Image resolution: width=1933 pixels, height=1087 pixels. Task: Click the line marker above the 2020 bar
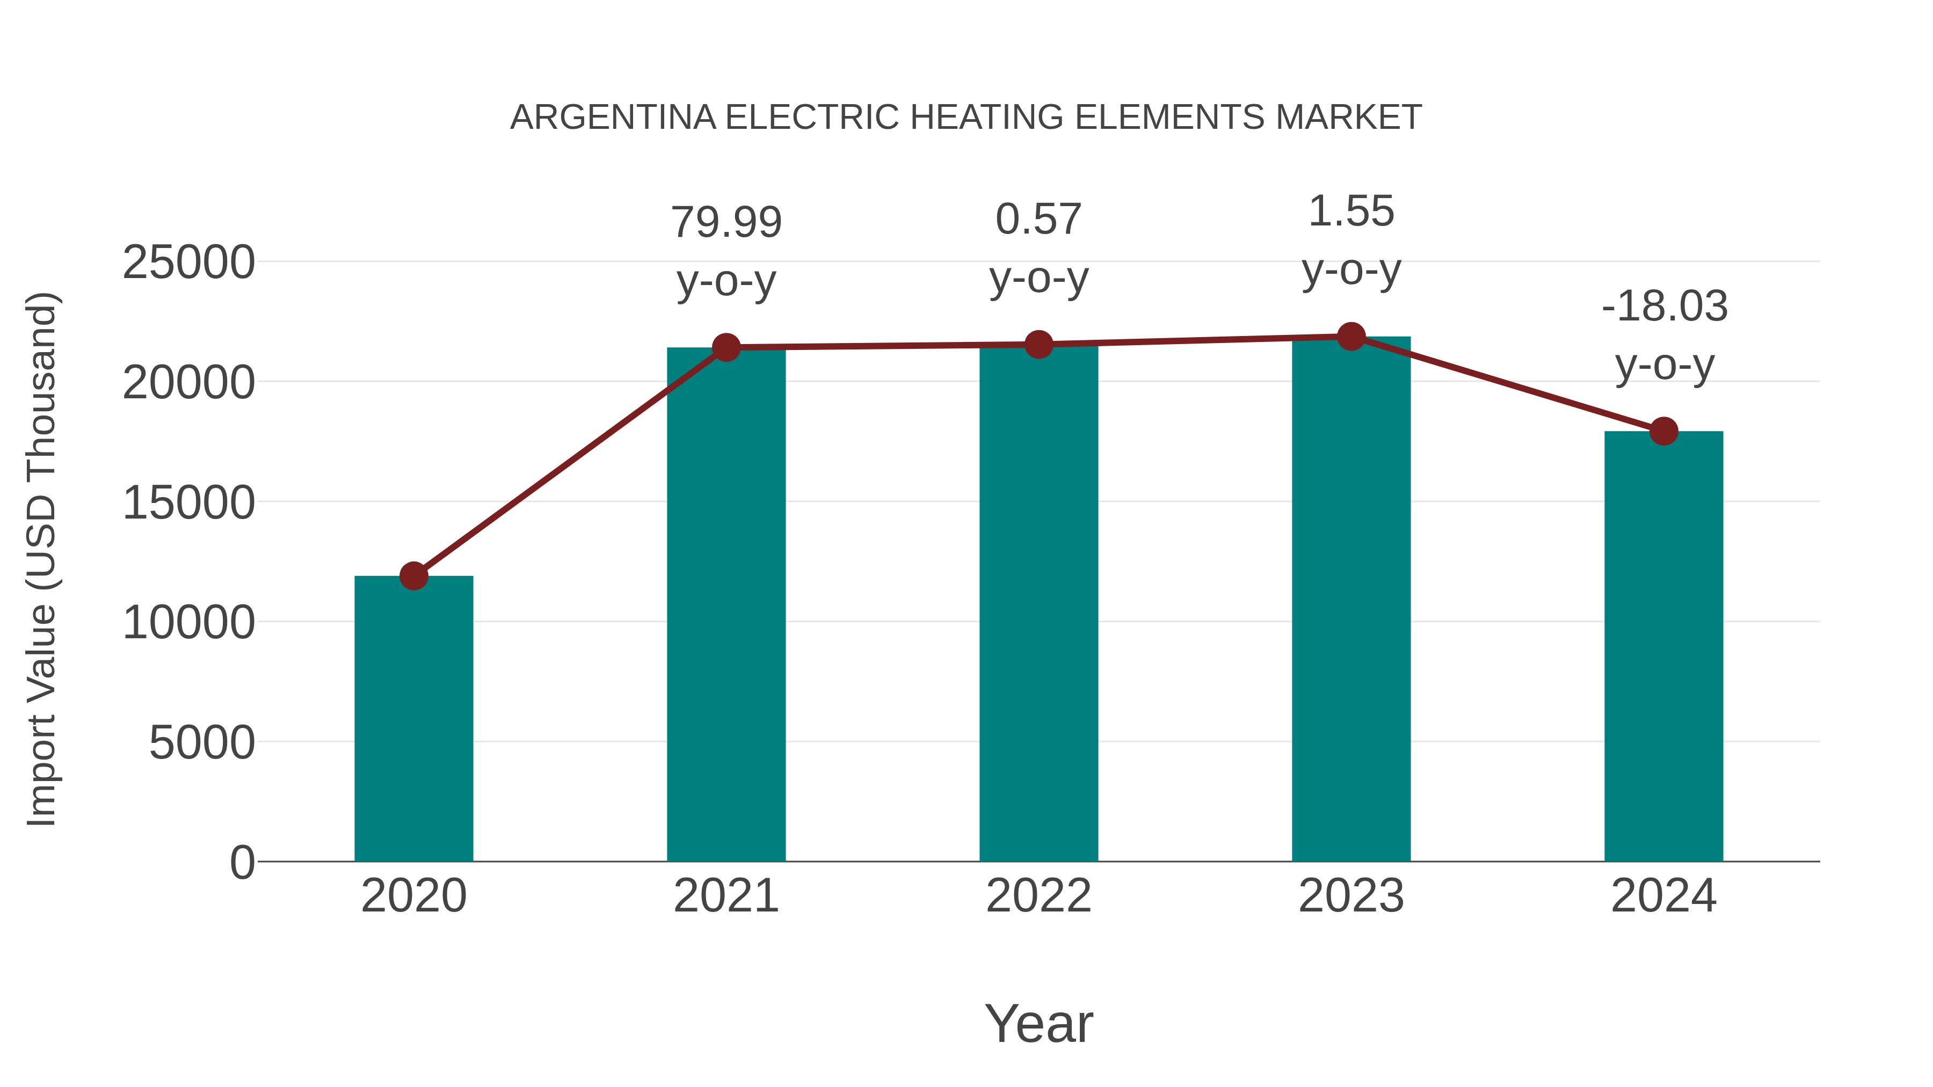413,576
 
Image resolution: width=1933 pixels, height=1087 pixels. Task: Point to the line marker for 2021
725,347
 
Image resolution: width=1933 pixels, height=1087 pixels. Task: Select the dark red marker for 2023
1351,337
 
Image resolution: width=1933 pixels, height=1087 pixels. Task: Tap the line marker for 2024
1663,432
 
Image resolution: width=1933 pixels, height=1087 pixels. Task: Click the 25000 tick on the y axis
188,264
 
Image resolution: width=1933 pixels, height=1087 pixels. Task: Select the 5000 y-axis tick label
202,743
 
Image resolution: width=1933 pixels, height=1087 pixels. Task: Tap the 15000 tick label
188,504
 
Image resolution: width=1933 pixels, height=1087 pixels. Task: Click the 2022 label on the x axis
1038,896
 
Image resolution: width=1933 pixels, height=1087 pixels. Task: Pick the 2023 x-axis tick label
1351,896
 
